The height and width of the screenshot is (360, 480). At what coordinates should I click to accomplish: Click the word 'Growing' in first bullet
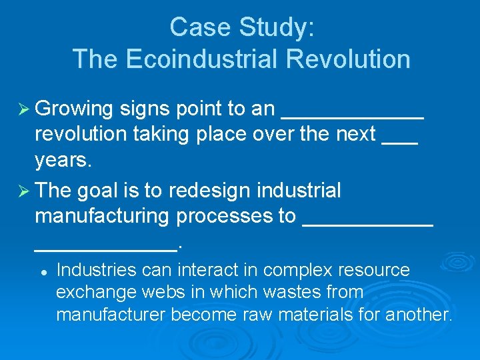(74, 109)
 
